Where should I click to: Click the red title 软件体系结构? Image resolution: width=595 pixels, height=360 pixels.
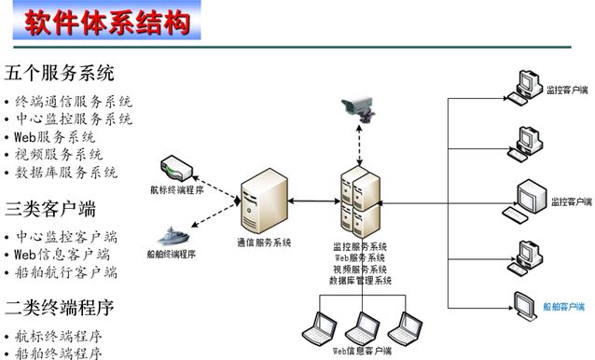pyautogui.click(x=107, y=22)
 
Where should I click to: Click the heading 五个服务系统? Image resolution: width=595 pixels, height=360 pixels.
pyautogui.click(x=59, y=73)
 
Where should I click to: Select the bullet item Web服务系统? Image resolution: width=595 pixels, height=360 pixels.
pyautogui.click(x=55, y=137)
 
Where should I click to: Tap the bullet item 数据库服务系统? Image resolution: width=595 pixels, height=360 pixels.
pyautogui.click(x=66, y=173)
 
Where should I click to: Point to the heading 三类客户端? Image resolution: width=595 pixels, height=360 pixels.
pyautogui.click(x=50, y=209)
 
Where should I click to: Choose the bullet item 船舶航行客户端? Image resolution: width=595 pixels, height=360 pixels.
pyautogui.click(x=66, y=272)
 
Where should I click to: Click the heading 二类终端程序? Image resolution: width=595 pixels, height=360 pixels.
pyautogui.click(x=59, y=308)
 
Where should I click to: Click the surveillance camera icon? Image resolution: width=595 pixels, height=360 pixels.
pyautogui.click(x=358, y=109)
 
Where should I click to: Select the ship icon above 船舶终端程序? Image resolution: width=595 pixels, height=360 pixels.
pyautogui.click(x=173, y=236)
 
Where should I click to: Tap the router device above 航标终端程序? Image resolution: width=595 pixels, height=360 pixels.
pyautogui.click(x=176, y=168)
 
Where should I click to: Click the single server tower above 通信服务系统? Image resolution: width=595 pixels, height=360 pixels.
pyautogui.click(x=264, y=201)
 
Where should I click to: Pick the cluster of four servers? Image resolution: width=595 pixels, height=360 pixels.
pyautogui.click(x=360, y=201)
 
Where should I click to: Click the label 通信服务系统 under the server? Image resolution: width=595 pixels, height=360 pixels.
pyautogui.click(x=264, y=242)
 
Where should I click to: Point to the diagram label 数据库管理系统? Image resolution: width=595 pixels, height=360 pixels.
pyautogui.click(x=360, y=281)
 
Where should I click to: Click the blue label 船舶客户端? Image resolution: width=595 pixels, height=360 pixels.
pyautogui.click(x=563, y=307)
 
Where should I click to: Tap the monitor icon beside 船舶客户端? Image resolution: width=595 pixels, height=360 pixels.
pyautogui.click(x=526, y=305)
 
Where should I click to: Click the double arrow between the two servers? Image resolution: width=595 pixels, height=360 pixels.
pyautogui.click(x=314, y=201)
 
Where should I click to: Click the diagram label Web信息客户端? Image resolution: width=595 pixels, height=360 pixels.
pyautogui.click(x=362, y=351)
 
